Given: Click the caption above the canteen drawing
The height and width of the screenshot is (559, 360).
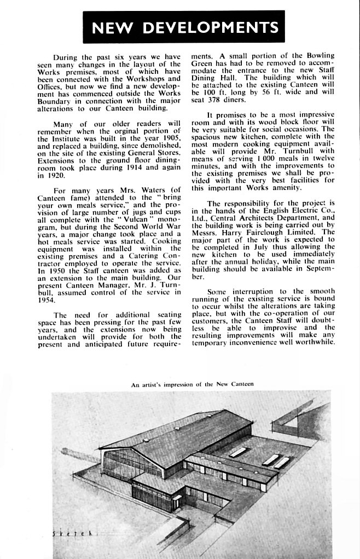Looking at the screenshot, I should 192,384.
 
